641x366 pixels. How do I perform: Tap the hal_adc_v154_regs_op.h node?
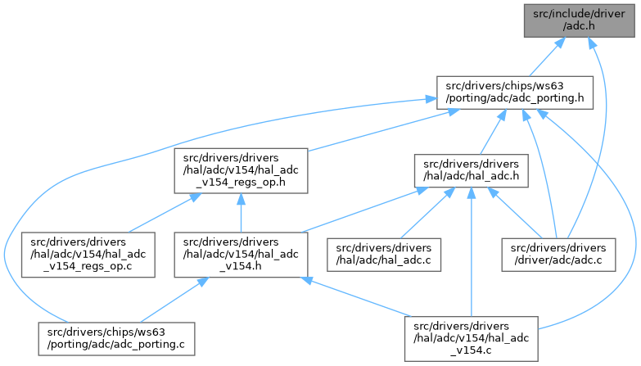(240, 170)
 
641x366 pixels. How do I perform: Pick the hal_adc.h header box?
(471, 170)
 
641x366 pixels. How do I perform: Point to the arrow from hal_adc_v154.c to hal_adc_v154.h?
(352, 296)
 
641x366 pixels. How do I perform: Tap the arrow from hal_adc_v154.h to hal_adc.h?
(360, 213)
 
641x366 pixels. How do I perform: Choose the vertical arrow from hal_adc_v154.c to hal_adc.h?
(472, 254)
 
